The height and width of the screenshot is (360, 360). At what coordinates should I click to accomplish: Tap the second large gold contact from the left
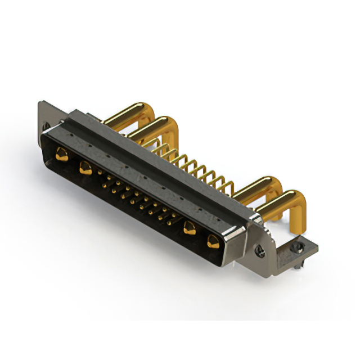(x=85, y=167)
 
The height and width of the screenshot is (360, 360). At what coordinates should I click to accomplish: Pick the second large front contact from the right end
(x=190, y=228)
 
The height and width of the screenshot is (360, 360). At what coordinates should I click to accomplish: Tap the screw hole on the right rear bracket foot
(x=297, y=246)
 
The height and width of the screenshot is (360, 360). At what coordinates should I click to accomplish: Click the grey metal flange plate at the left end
(x=44, y=115)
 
